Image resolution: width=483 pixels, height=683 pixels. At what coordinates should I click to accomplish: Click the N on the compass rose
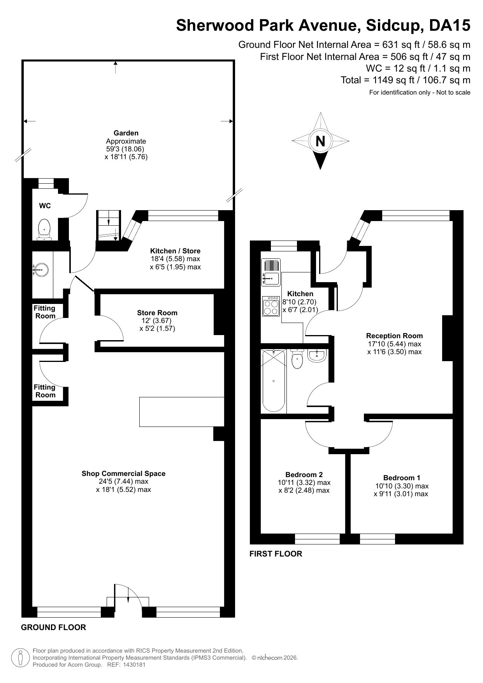click(320, 140)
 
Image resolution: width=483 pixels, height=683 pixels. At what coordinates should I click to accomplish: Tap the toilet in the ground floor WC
click(45, 229)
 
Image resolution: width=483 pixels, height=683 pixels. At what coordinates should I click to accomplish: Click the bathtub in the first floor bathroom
click(274, 380)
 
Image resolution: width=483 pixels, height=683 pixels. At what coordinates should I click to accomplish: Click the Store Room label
click(157, 313)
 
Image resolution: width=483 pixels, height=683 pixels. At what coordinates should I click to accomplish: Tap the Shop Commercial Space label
click(123, 473)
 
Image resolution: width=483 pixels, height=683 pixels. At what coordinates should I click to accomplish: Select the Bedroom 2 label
click(304, 474)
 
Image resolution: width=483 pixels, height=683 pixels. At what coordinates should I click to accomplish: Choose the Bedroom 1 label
click(402, 478)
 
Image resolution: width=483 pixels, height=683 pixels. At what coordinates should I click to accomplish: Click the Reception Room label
click(394, 335)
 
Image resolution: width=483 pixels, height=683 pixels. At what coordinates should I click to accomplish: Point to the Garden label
click(126, 133)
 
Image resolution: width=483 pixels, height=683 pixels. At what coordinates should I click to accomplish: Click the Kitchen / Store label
click(175, 251)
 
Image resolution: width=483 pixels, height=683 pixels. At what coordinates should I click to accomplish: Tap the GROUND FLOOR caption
click(53, 627)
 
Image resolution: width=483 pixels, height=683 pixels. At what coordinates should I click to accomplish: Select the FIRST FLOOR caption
click(276, 554)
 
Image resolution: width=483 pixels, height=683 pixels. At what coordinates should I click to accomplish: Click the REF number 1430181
click(134, 665)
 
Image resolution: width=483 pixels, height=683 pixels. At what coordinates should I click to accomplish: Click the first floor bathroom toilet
click(297, 358)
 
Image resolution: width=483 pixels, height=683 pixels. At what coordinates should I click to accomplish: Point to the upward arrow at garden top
click(116, 67)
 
